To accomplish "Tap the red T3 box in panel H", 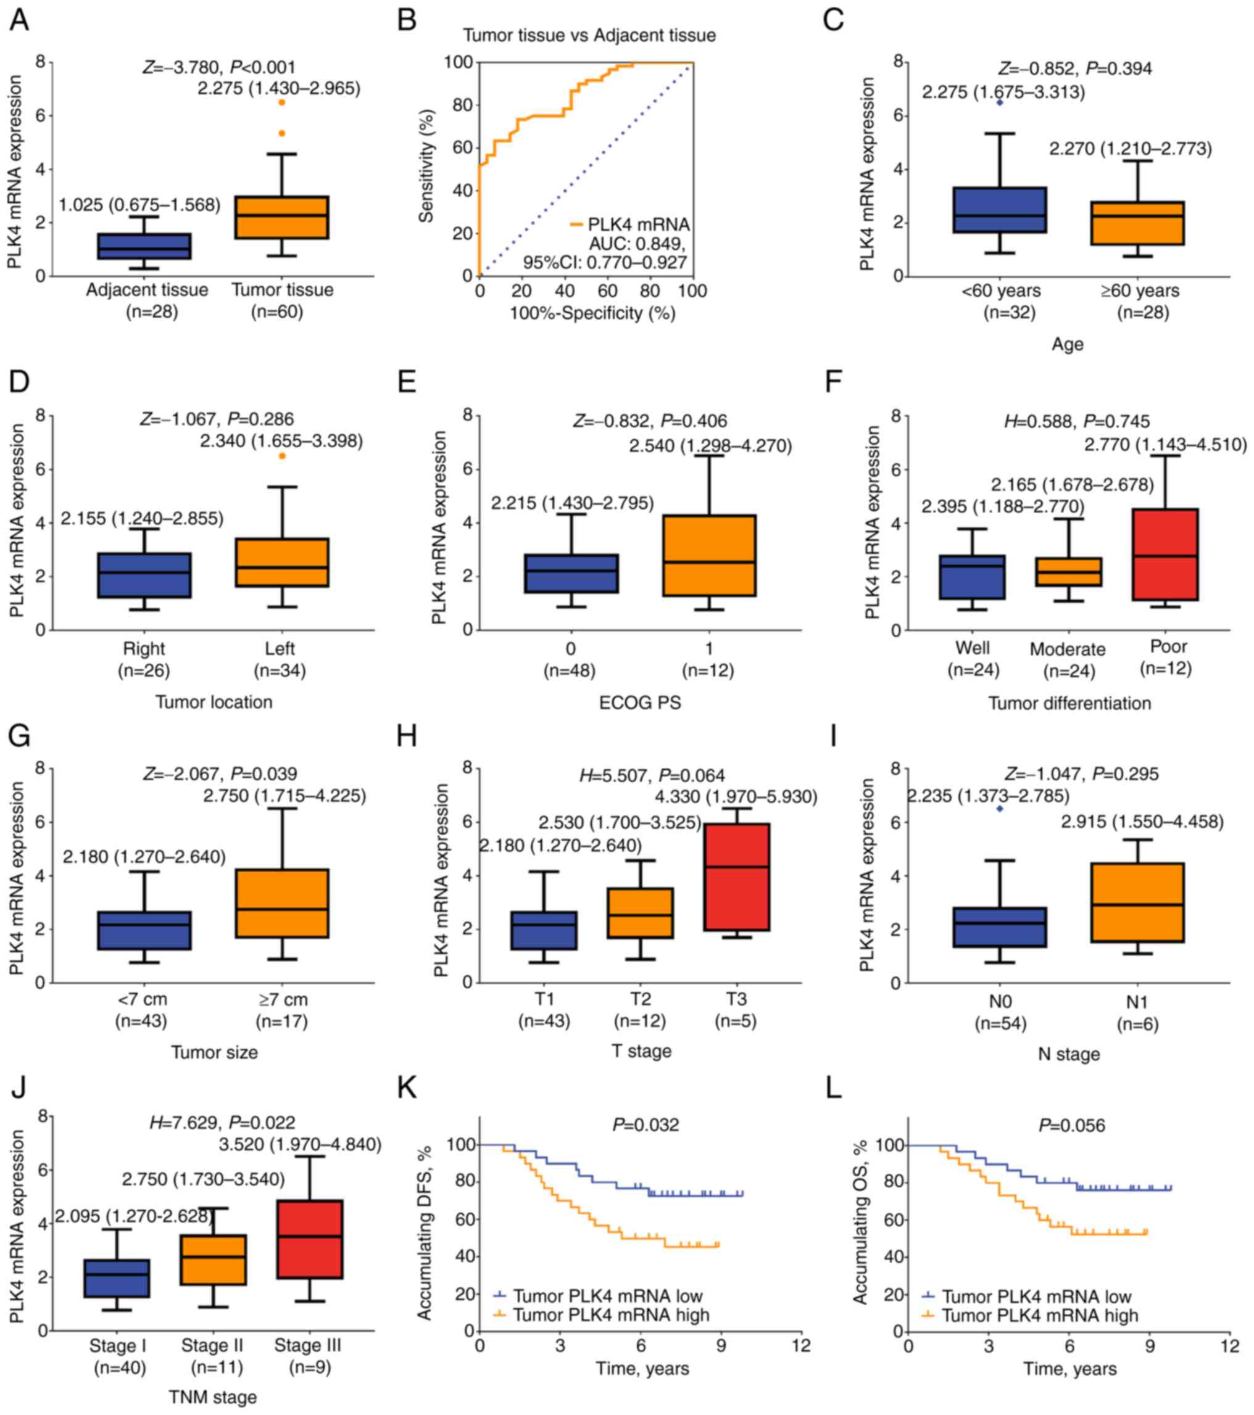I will click(737, 877).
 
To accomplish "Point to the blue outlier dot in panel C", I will click(999, 102).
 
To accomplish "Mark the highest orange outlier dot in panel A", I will click(281, 102).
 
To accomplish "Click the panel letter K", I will click(407, 1087).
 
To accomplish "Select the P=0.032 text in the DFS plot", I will click(646, 1125).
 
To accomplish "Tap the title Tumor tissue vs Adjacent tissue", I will click(589, 35).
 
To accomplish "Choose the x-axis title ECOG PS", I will click(640, 703).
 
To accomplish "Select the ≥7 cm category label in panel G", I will click(281, 1000).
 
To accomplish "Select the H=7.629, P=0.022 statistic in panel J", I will click(222, 1122).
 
